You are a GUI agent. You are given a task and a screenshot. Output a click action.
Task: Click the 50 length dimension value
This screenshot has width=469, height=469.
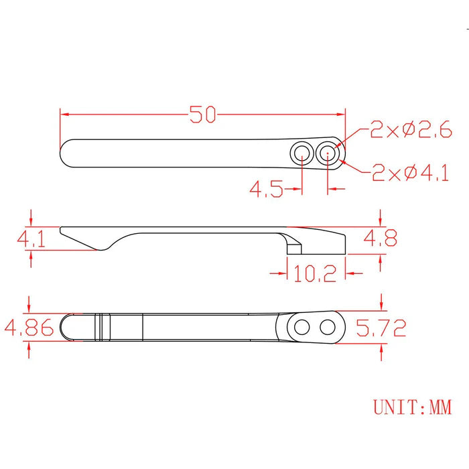[202, 115]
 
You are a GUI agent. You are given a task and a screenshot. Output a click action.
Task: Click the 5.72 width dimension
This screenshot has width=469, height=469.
[381, 328]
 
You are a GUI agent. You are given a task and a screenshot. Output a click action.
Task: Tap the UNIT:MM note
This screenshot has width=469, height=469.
[411, 407]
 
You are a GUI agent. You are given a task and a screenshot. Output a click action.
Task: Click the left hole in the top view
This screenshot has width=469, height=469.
[301, 153]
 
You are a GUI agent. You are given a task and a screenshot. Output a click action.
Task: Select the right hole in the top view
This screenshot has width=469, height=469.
[328, 153]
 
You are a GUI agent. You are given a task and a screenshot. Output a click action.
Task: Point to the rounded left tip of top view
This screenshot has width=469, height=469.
[65, 153]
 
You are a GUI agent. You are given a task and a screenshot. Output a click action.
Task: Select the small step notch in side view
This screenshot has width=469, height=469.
[293, 247]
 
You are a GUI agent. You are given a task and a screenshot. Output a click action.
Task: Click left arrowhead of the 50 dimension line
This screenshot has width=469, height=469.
[64, 114]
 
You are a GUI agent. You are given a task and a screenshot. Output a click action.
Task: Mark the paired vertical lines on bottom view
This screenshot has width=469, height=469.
[102, 327]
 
